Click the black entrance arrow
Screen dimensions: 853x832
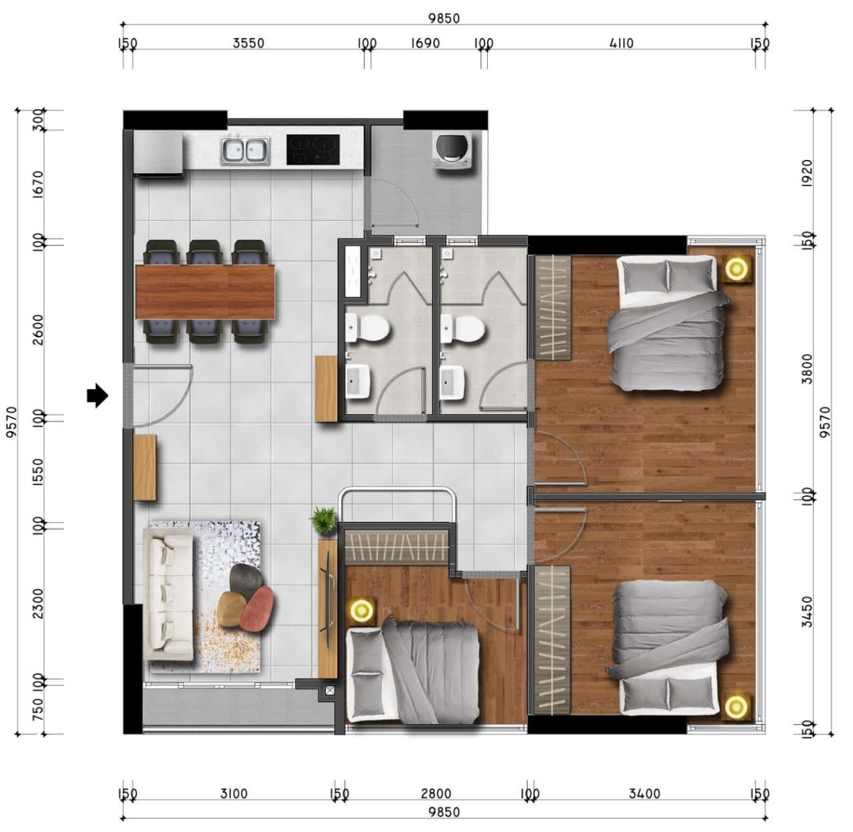[97, 395]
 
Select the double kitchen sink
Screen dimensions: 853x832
[245, 151]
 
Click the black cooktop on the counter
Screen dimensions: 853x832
[313, 149]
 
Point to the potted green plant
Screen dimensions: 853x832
[323, 521]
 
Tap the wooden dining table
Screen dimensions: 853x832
[205, 291]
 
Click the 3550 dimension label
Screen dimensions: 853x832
[249, 43]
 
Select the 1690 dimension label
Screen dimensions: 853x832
[425, 43]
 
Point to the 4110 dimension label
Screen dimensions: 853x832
[621, 43]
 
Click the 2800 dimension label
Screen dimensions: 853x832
[436, 794]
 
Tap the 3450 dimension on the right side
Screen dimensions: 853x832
[806, 612]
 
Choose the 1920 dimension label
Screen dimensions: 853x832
[806, 173]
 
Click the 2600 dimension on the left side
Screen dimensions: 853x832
[39, 330]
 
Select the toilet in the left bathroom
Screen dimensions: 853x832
[367, 328]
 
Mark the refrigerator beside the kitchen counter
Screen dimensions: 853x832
[158, 153]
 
